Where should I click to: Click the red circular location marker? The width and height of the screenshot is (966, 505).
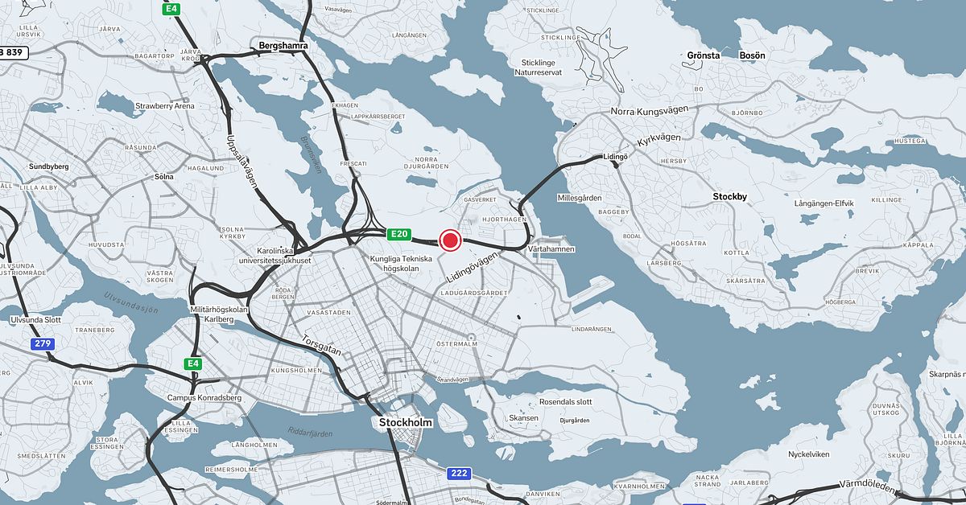click(x=450, y=240)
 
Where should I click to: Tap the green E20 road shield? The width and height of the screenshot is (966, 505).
click(x=399, y=235)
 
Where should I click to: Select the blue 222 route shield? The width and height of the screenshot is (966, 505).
click(x=458, y=474)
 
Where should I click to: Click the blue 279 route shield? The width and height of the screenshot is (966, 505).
click(x=43, y=344)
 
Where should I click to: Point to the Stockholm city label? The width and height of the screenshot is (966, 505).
click(x=406, y=423)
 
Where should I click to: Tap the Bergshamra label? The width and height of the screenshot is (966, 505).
click(x=284, y=47)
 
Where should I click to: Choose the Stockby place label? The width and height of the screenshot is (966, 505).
click(x=731, y=195)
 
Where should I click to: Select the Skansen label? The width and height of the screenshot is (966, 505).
click(x=524, y=418)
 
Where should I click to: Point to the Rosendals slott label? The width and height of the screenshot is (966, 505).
click(x=565, y=402)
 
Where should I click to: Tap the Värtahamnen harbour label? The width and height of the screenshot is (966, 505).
click(x=551, y=250)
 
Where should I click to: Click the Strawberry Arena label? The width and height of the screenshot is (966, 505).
click(x=165, y=105)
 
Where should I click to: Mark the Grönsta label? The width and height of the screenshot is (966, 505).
click(x=704, y=55)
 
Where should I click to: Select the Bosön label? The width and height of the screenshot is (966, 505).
click(x=752, y=55)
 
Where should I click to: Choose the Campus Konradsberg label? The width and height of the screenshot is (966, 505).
click(x=204, y=397)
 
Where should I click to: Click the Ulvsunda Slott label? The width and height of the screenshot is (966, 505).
click(x=36, y=320)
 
